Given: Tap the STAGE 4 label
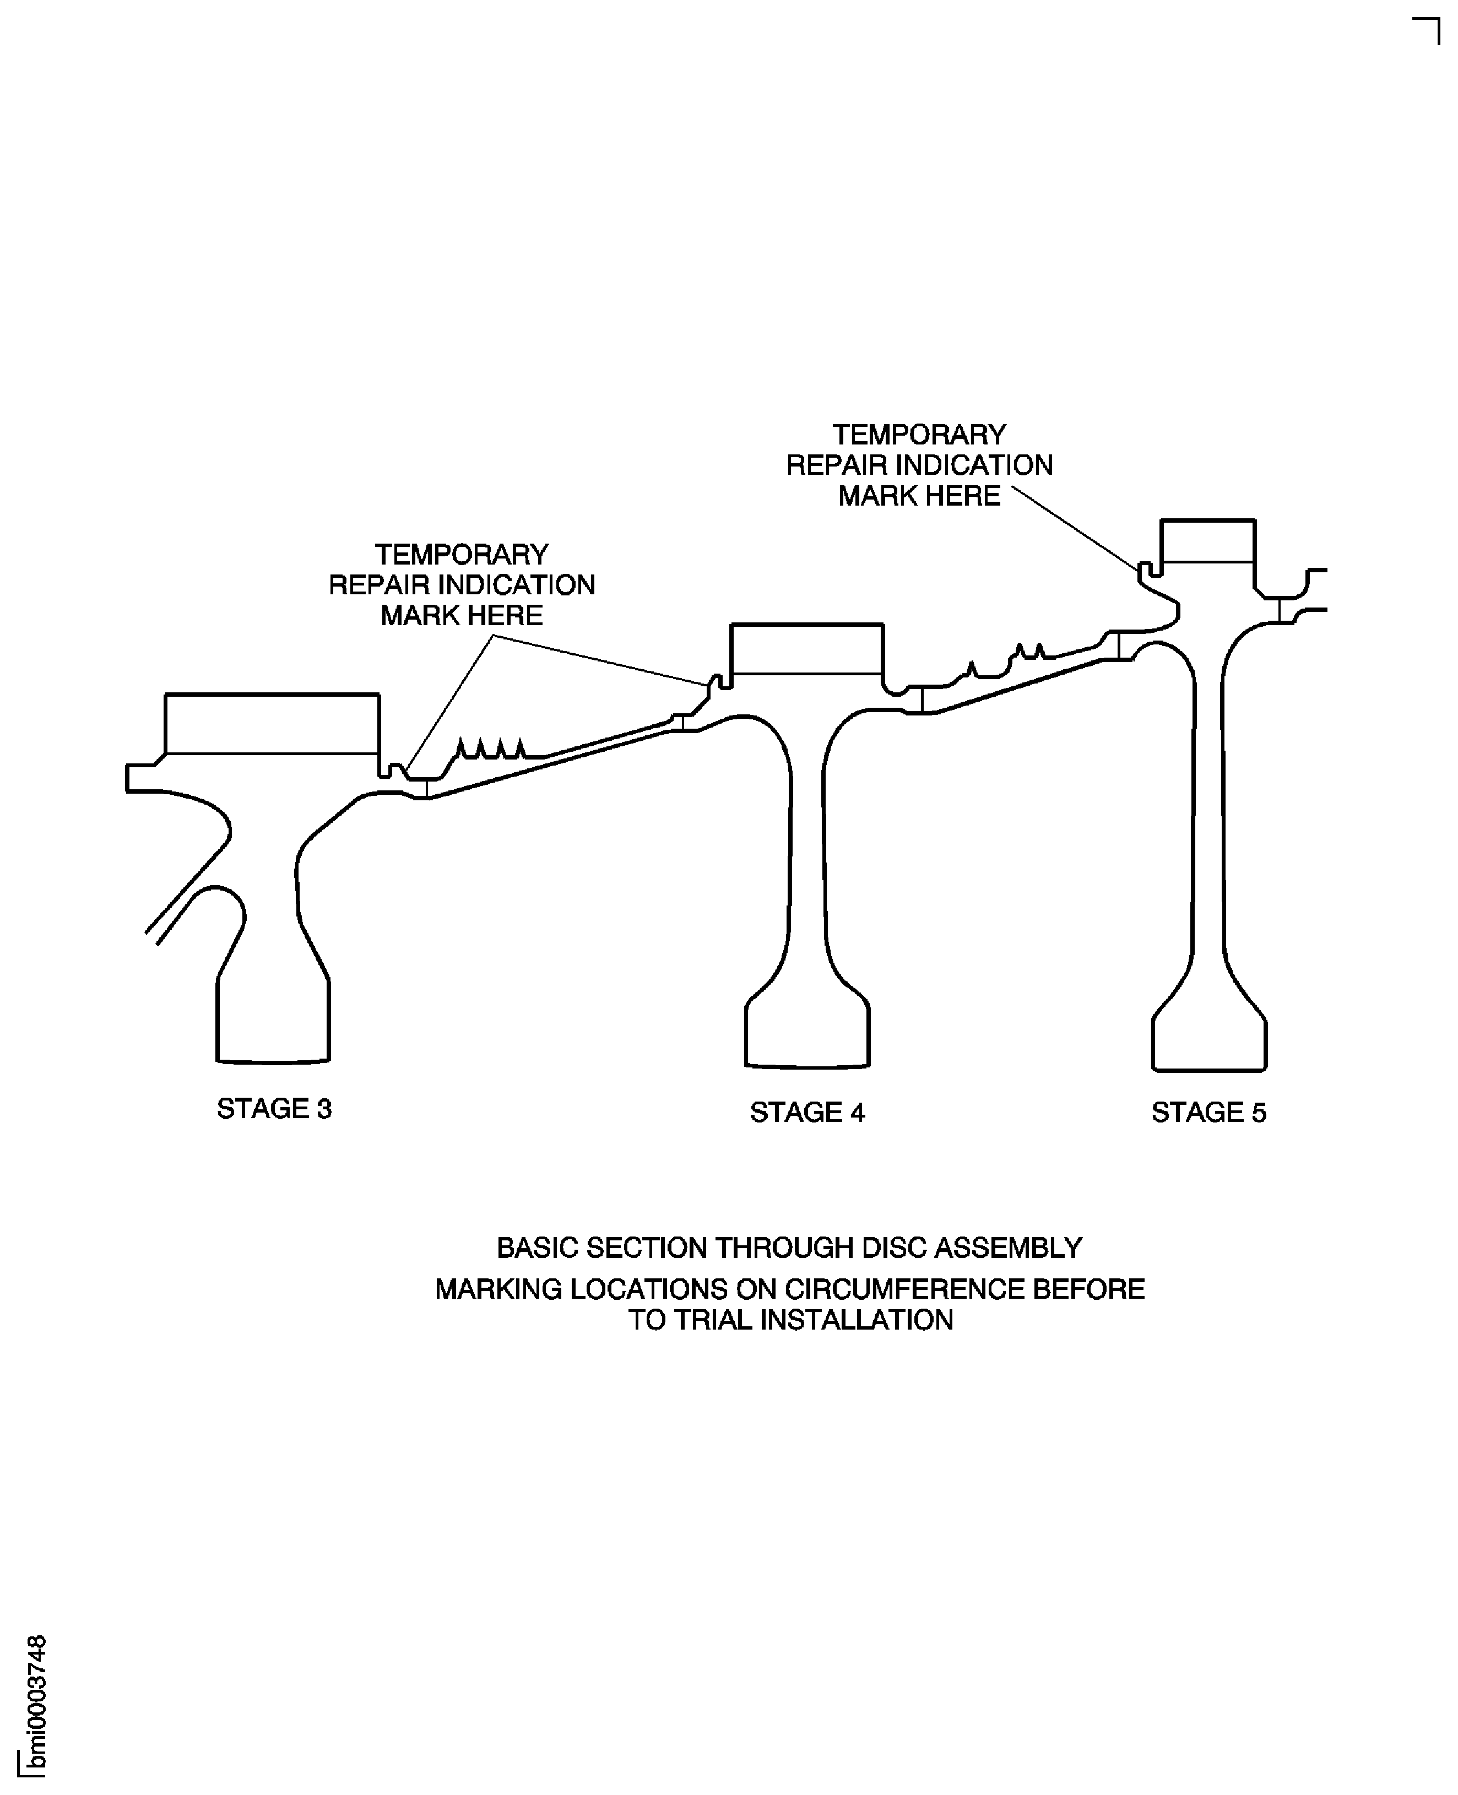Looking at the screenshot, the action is [x=807, y=1112].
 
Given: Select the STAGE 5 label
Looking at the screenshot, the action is [x=1208, y=1112].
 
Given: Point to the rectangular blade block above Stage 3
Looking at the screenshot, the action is [x=272, y=724].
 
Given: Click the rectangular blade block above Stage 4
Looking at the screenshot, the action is [x=807, y=648].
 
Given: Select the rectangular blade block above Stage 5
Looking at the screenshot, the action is [x=1208, y=541].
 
